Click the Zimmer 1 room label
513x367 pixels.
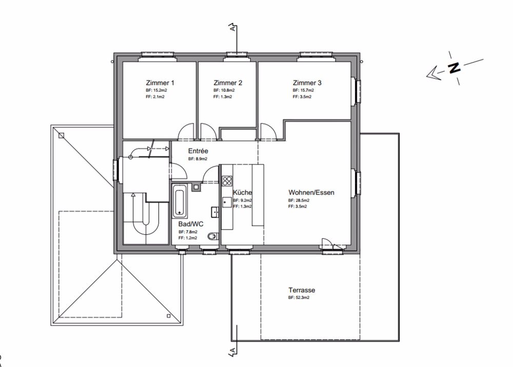point(160,83)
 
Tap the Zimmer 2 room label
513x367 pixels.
point(228,83)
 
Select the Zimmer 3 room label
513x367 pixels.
point(307,83)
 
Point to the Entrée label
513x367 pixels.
point(198,151)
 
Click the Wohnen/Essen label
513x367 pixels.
point(311,193)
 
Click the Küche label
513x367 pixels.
point(242,192)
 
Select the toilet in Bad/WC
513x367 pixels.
point(213,236)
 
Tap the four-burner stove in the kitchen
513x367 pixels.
point(227,180)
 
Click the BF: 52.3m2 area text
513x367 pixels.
point(299,297)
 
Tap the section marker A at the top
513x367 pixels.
point(233,29)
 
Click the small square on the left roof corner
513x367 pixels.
point(62,136)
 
